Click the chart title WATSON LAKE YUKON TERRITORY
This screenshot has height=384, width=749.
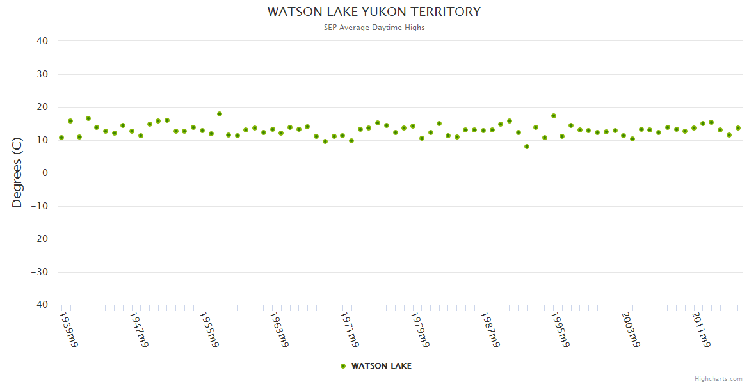point(374,12)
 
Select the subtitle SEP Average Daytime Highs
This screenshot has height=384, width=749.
point(374,28)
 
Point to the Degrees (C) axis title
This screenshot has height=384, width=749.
point(17,173)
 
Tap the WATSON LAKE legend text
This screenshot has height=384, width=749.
point(381,366)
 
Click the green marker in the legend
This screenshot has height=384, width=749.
point(343,366)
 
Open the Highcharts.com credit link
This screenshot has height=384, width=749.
point(718,378)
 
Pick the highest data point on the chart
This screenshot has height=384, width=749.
point(220,114)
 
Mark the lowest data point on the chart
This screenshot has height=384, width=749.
point(527,147)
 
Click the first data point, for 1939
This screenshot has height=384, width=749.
point(61,138)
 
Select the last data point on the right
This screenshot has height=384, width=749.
point(737,128)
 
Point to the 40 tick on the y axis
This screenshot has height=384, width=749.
point(43,41)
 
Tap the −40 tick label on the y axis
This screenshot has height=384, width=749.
point(40,305)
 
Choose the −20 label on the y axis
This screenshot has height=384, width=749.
point(40,239)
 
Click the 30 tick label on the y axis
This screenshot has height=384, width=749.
point(43,74)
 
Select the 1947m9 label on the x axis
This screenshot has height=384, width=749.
point(139,330)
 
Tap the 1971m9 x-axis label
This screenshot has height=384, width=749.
point(350,330)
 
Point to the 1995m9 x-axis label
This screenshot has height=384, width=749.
point(560,330)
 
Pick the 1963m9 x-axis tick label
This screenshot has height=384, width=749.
point(279,330)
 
